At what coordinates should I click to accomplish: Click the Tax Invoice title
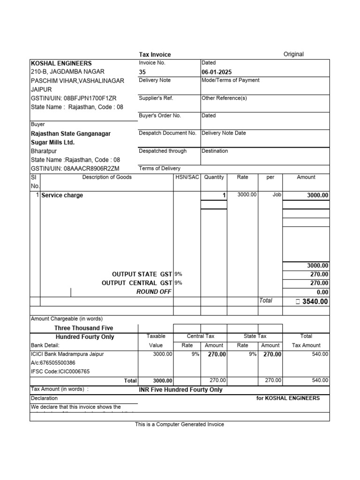155,54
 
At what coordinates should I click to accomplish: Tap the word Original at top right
293,54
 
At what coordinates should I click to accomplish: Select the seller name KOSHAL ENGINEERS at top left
61,63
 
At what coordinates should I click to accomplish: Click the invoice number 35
142,72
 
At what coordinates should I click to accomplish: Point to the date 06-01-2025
217,72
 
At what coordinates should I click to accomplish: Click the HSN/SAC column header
187,177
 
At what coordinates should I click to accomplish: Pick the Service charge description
62,195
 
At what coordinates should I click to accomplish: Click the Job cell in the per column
277,195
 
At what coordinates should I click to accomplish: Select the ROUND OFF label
154,292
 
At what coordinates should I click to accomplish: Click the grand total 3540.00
315,301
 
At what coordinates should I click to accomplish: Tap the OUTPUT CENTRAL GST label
137,283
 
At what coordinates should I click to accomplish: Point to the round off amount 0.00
321,292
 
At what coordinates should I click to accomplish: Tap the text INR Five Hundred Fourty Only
180,390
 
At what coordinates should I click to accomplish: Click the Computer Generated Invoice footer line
180,424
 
